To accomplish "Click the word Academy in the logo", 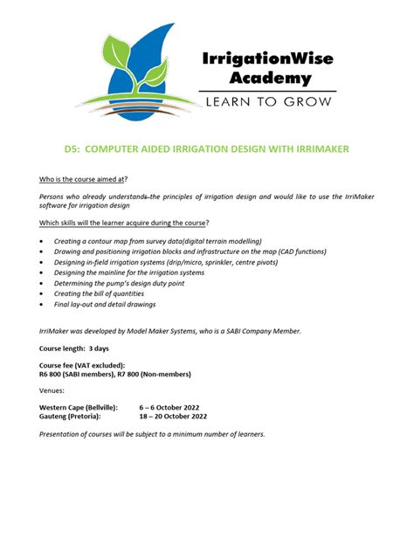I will (x=270, y=78).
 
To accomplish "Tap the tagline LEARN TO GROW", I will (x=267, y=102).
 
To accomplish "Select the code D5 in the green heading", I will (x=73, y=149).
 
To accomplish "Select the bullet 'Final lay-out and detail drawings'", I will (x=105, y=305).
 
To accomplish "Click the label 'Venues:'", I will (x=52, y=390).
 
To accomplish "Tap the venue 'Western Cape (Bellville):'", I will (x=79, y=408).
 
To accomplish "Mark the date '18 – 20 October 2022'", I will (x=173, y=417).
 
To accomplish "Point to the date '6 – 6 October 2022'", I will (x=170, y=408).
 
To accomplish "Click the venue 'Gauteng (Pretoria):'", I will (x=69, y=417).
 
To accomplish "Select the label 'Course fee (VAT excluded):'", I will (x=82, y=364).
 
